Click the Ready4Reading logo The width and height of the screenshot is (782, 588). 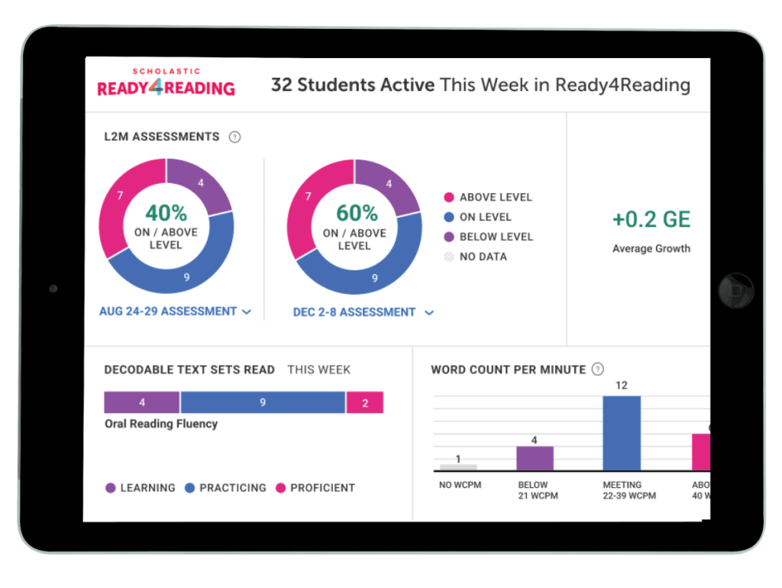[166, 83]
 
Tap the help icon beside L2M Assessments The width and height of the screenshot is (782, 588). [235, 137]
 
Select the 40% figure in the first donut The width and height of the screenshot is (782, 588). [166, 212]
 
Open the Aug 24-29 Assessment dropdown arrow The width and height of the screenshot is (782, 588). [247, 312]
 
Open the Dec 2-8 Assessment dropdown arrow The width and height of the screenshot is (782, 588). [429, 313]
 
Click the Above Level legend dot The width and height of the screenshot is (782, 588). [449, 197]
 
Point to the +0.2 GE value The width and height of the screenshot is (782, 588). [651, 220]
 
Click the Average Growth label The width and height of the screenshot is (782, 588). [651, 248]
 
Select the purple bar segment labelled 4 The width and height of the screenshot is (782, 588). [142, 402]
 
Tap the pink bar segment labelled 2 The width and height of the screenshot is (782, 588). [364, 402]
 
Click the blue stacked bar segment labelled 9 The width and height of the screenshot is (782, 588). [263, 402]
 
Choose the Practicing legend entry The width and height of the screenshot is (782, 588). [225, 487]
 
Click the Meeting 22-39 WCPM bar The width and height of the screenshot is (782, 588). [622, 433]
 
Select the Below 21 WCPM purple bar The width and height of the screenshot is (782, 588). [535, 458]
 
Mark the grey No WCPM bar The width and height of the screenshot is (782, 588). [458, 467]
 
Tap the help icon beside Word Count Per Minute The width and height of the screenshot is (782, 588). [598, 370]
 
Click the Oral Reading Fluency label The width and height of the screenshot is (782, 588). [161, 424]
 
